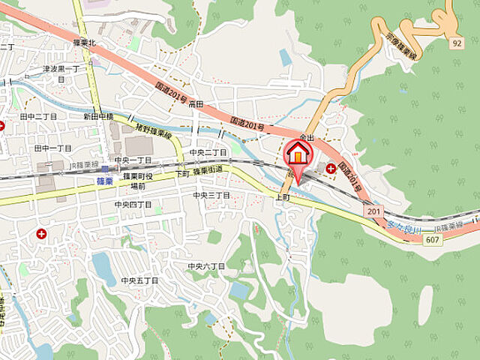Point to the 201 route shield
click(374, 212)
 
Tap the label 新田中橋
click(97, 116)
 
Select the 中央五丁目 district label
click(140, 280)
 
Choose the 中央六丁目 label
click(206, 265)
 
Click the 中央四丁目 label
click(133, 204)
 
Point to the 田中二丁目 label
click(38, 117)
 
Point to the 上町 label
click(283, 196)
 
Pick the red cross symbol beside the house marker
click(331, 168)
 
